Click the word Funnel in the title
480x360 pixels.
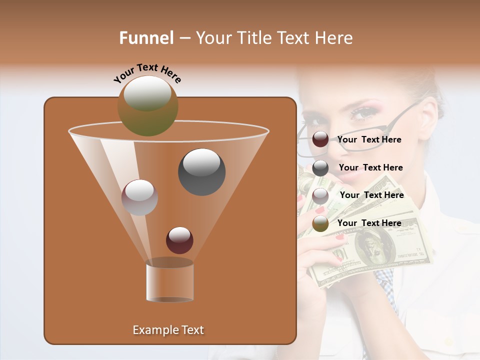tap(146, 37)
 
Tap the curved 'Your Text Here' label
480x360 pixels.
tap(147, 73)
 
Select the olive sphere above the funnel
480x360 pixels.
tap(147, 106)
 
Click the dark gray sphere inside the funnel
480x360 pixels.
tap(201, 171)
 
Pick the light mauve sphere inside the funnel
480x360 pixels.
tap(139, 197)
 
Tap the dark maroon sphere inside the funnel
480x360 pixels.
tap(179, 240)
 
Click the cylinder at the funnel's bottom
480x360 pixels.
tap(169, 280)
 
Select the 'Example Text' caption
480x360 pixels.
tap(168, 330)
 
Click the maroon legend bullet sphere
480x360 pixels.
tap(320, 139)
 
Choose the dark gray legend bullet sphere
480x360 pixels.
tap(320, 167)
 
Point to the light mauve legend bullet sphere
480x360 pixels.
tap(320, 195)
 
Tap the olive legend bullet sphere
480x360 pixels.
tap(320, 223)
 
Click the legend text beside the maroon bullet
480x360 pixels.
tap(369, 139)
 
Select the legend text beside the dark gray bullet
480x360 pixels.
tap(370, 167)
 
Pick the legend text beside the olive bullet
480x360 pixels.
tap(369, 223)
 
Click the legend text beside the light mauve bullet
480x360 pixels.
tap(371, 195)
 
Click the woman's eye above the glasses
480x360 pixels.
tap(364, 112)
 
